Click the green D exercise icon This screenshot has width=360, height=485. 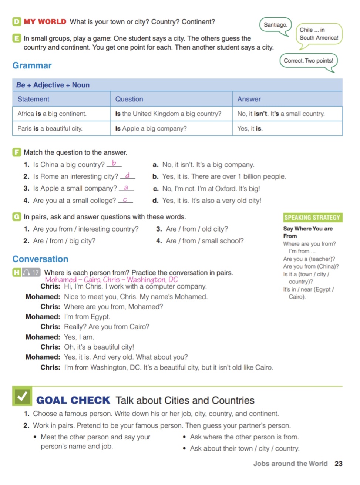tap(17, 21)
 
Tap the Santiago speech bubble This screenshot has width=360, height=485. tap(276, 25)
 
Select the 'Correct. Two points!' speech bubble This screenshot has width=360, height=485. tap(308, 61)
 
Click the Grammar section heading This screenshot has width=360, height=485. tap(32, 65)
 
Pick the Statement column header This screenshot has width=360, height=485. tap(33, 99)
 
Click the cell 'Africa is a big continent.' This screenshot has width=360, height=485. tap(52, 114)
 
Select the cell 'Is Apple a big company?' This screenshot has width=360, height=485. tap(151, 129)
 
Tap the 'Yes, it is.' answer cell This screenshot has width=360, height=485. tap(250, 129)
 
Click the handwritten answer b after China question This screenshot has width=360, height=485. tap(114, 163)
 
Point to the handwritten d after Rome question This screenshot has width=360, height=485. tap(127, 175)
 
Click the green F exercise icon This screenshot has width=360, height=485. tap(17, 152)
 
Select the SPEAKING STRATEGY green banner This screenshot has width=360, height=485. tap(312, 218)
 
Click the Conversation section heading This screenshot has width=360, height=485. tap(40, 259)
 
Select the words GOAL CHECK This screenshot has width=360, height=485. tap(73, 400)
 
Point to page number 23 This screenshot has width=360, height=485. tap(339, 464)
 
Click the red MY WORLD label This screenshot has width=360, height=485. tap(45, 22)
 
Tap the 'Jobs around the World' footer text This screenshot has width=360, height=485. tap(290, 464)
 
